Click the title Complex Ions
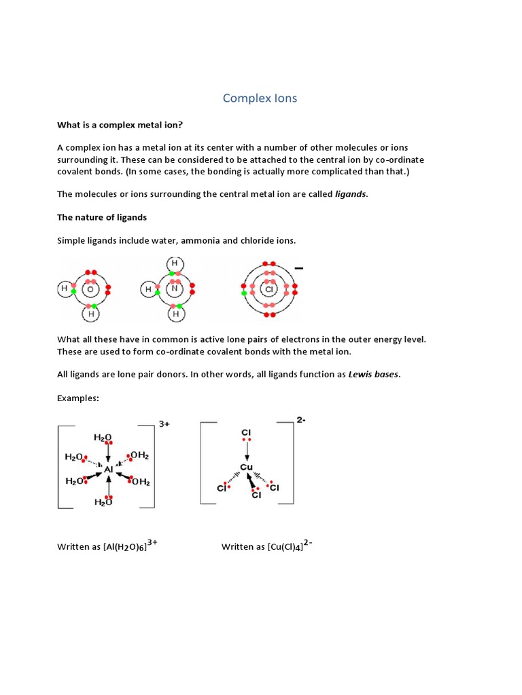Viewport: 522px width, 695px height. pos(260,98)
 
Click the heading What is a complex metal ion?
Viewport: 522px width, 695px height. pos(119,124)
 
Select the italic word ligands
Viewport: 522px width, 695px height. pos(351,194)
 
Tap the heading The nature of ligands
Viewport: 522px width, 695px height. pos(102,217)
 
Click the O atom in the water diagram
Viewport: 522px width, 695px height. pos(90,290)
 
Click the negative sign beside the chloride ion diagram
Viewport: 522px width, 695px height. pos(298,269)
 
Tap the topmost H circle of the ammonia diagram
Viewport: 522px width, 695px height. pos(175,263)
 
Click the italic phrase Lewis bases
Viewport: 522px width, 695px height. pos(373,375)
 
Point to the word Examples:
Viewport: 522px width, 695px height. pos(78,398)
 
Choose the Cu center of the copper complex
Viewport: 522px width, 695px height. pos(246,468)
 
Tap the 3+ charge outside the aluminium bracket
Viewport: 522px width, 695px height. pos(164,424)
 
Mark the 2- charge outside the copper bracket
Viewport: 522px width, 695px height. pos(301,420)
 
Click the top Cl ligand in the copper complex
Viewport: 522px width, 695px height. pos(246,432)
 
